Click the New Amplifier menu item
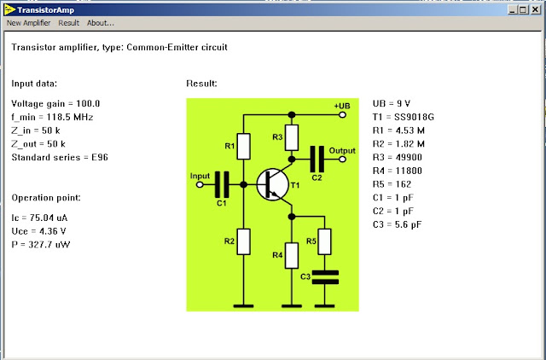point(28,23)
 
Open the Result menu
point(69,23)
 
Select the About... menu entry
point(100,23)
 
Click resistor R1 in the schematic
point(244,147)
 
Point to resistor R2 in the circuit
point(244,241)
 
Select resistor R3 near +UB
point(292,136)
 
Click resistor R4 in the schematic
point(292,255)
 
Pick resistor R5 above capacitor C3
point(325,241)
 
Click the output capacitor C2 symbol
point(317,159)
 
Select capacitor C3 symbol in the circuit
point(325,276)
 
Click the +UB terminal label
point(341,105)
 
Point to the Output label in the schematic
point(342,150)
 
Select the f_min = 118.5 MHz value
point(52,116)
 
